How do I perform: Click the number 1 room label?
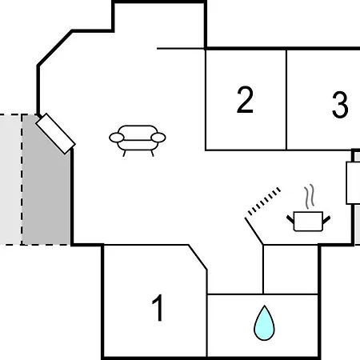(158, 308)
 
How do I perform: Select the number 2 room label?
(245, 100)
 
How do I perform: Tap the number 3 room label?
(340, 105)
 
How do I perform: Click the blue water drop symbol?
(264, 323)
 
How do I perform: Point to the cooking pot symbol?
(308, 222)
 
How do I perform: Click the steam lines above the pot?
(310, 196)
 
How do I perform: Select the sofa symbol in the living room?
(138, 140)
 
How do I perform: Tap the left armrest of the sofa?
(117, 138)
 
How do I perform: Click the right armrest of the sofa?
(158, 138)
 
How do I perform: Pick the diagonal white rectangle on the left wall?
(55, 134)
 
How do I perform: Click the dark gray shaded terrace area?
(46, 184)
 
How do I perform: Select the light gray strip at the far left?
(10, 179)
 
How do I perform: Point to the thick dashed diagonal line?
(264, 201)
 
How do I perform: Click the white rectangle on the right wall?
(353, 183)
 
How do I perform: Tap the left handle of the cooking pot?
(290, 220)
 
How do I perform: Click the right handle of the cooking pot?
(326, 220)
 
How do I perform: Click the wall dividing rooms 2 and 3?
(286, 100)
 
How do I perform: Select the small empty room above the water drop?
(290, 270)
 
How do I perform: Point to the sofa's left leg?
(124, 154)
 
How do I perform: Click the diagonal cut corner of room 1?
(198, 257)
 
